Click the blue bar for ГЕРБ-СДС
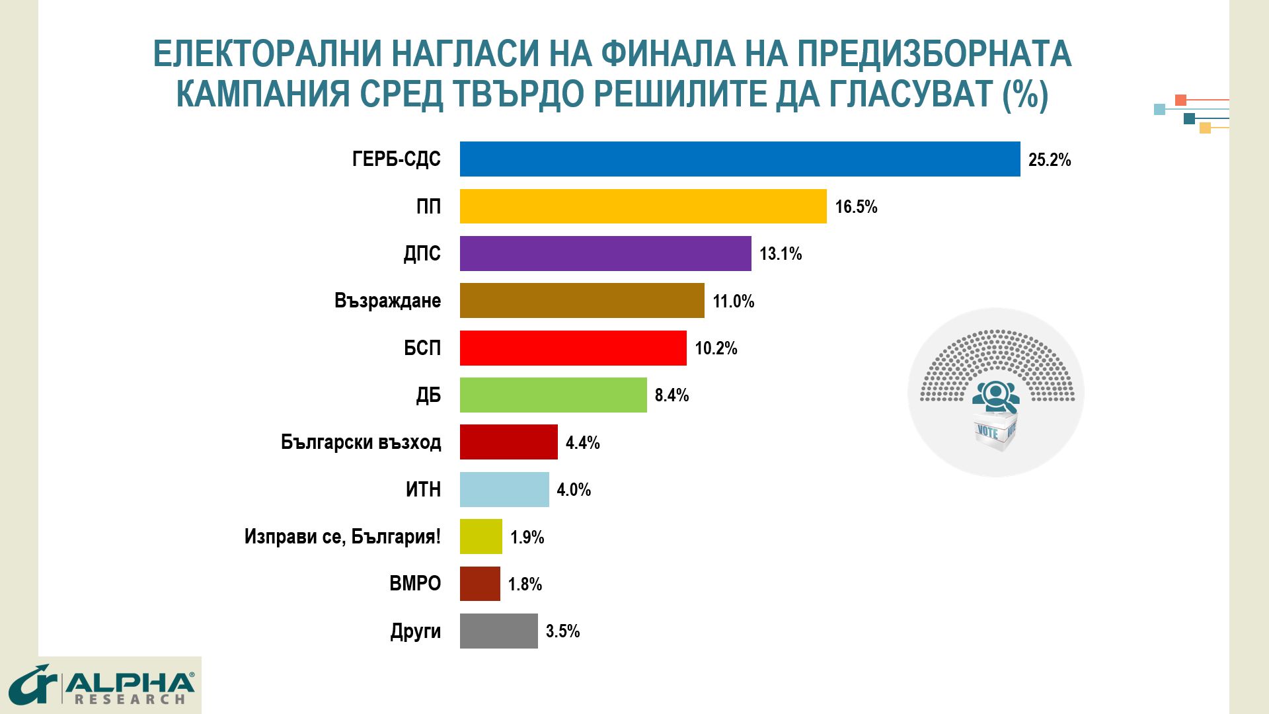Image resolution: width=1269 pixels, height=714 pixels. (x=740, y=159)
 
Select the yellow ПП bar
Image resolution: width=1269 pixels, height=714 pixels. (x=643, y=206)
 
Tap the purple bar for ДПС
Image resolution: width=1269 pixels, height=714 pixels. (x=605, y=253)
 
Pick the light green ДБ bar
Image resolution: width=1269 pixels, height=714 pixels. (x=553, y=395)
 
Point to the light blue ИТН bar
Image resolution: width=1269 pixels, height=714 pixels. (x=504, y=489)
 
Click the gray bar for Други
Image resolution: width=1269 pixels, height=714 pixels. (x=498, y=631)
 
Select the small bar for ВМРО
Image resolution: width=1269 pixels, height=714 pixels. (x=480, y=584)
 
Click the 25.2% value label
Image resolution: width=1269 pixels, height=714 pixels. (x=1050, y=160)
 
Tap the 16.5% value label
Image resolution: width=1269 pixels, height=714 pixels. (x=856, y=207)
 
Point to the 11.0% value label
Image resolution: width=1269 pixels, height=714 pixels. (x=733, y=301)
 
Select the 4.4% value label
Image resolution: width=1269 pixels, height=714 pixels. (x=582, y=442)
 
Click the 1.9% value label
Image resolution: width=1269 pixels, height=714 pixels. (x=527, y=537)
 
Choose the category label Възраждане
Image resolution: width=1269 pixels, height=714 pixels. (x=387, y=301)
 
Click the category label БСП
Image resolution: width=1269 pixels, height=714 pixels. (x=422, y=348)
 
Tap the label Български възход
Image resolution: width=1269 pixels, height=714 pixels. (x=361, y=442)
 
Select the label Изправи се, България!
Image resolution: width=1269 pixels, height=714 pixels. (x=342, y=536)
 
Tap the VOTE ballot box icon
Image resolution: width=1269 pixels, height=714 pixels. (x=995, y=432)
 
